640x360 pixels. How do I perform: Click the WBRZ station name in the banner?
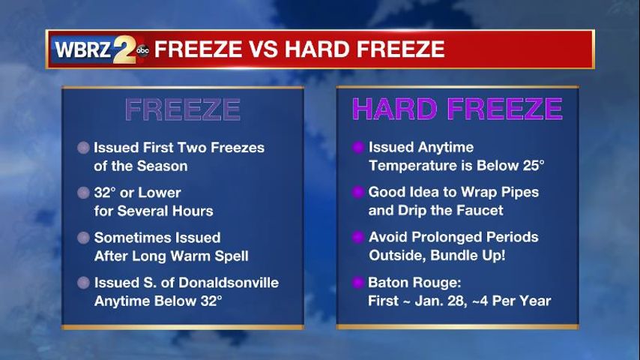coord(83,49)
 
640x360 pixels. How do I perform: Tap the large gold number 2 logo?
coord(124,49)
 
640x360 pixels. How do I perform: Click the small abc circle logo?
coord(142,50)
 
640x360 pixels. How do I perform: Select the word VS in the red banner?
coord(264,49)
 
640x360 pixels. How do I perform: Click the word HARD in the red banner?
coord(317,49)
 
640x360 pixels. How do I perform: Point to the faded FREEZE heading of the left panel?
coord(182,109)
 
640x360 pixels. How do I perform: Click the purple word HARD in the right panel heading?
coord(395,109)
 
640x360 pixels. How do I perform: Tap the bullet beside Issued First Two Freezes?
coord(83,148)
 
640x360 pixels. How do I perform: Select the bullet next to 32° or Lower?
coord(83,193)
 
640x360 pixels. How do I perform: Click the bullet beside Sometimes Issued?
coord(83,238)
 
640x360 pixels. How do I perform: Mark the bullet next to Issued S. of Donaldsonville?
coord(83,282)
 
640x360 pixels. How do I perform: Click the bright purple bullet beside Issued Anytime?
coord(358,147)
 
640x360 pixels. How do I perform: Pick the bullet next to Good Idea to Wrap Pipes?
coord(358,192)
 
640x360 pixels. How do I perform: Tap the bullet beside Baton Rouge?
coord(358,282)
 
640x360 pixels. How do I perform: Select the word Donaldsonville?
coord(229,282)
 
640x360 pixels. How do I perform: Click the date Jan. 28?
coord(441,301)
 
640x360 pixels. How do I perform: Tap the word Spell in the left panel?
coord(232,256)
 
